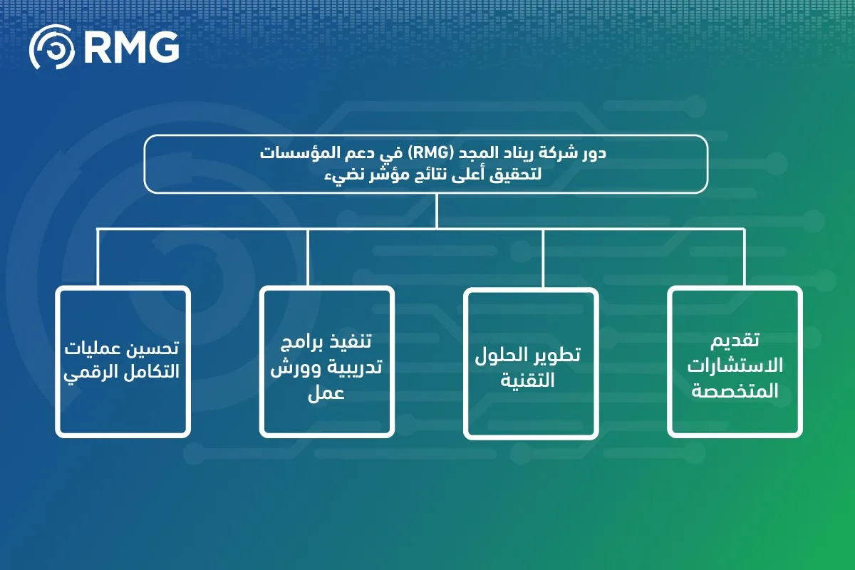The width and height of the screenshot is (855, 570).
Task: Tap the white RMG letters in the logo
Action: tap(132, 48)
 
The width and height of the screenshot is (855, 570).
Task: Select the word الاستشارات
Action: tap(735, 366)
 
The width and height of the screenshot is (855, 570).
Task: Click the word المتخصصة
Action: tap(735, 390)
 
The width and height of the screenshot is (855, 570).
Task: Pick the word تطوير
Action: tap(558, 355)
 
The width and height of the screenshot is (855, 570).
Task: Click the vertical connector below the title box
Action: tap(437, 210)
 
